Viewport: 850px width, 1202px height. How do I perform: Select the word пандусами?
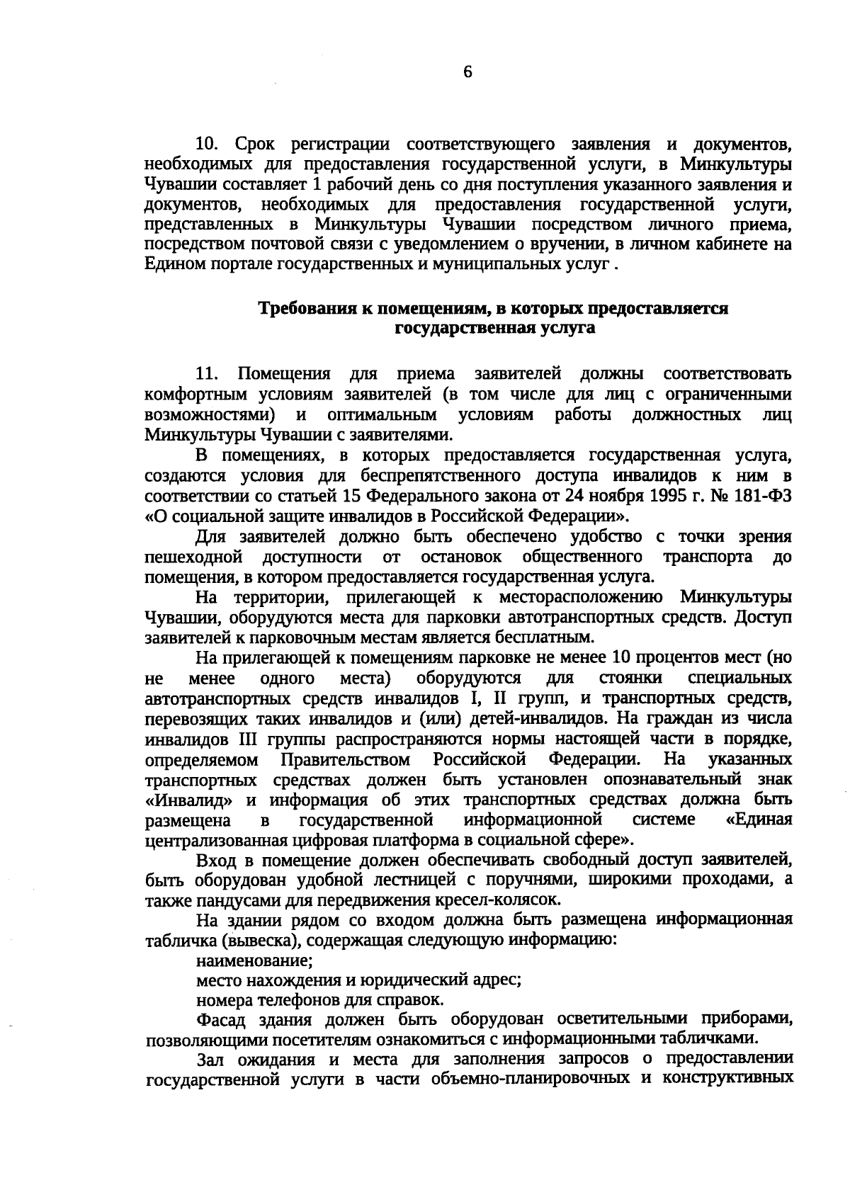(221, 900)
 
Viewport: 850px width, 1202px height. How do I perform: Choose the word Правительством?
(346, 761)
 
